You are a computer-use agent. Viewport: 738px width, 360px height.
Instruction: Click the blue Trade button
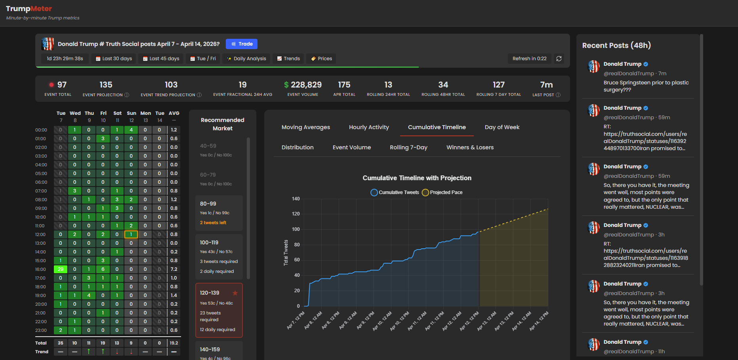242,44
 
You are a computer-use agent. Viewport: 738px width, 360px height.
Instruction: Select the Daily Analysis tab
246,59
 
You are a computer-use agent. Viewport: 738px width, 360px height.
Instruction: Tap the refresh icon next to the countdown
559,59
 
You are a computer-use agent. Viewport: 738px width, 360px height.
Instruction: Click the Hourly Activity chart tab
369,127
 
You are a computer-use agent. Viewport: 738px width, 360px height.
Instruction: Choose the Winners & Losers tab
470,147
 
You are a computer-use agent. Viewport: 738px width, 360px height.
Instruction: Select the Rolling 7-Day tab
408,147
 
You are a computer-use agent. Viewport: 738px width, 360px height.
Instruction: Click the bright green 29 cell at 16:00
61,269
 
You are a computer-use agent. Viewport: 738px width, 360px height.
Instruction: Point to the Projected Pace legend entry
442,192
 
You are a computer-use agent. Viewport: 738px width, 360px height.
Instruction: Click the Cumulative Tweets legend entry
395,192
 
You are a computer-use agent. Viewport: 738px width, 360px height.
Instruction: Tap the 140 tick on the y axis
296,199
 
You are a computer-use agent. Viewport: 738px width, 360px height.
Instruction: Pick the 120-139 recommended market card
219,310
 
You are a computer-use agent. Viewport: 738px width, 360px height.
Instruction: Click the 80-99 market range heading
208,204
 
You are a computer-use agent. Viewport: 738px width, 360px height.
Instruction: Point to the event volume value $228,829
303,85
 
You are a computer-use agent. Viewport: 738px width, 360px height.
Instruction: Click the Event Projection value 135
106,85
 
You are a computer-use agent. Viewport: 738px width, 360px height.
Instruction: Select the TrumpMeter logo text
29,9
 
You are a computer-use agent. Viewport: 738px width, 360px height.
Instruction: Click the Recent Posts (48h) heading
616,46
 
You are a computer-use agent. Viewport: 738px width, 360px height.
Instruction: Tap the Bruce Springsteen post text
646,86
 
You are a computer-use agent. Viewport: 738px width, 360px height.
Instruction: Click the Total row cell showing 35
61,343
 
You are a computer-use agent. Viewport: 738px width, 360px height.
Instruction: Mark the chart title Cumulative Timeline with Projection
417,178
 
